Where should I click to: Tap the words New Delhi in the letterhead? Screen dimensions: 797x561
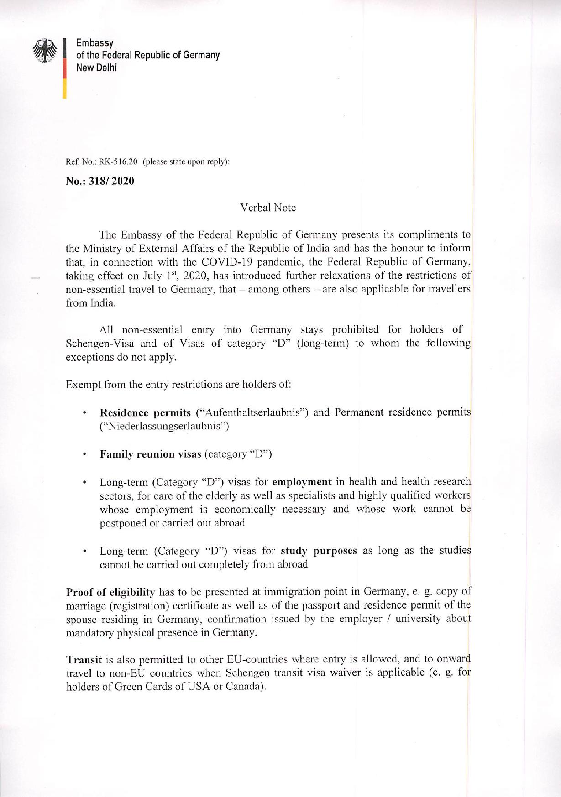(x=96, y=68)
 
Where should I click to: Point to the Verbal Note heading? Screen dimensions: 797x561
(x=268, y=208)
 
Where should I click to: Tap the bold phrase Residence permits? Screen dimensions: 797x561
(x=145, y=413)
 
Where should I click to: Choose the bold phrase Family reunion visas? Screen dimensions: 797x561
(x=150, y=454)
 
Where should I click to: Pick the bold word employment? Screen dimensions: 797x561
(x=302, y=482)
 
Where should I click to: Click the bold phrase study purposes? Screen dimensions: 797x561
(x=319, y=551)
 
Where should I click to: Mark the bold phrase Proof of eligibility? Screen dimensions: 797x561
(x=110, y=593)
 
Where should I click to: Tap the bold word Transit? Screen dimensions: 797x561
(x=84, y=660)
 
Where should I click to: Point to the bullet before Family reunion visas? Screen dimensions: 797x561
(x=85, y=455)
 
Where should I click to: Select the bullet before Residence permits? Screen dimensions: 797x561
(x=85, y=413)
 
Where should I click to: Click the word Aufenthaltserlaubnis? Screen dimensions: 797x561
(x=252, y=413)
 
